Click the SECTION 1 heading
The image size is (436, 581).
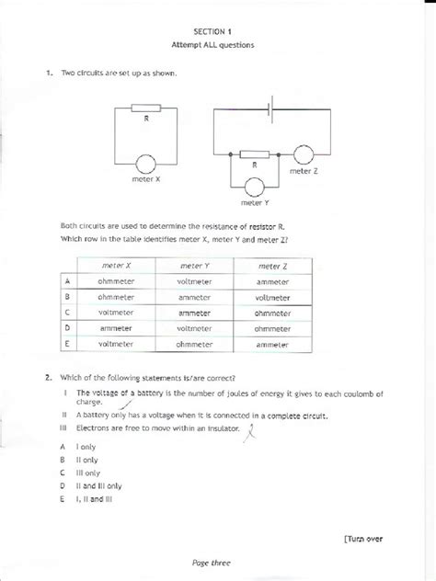218,30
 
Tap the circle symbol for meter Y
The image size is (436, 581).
252,187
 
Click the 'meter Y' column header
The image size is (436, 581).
194,264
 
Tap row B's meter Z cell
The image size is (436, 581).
273,297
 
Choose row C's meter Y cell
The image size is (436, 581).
194,313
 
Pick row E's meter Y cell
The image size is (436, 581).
194,345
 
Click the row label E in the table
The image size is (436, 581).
67,345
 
